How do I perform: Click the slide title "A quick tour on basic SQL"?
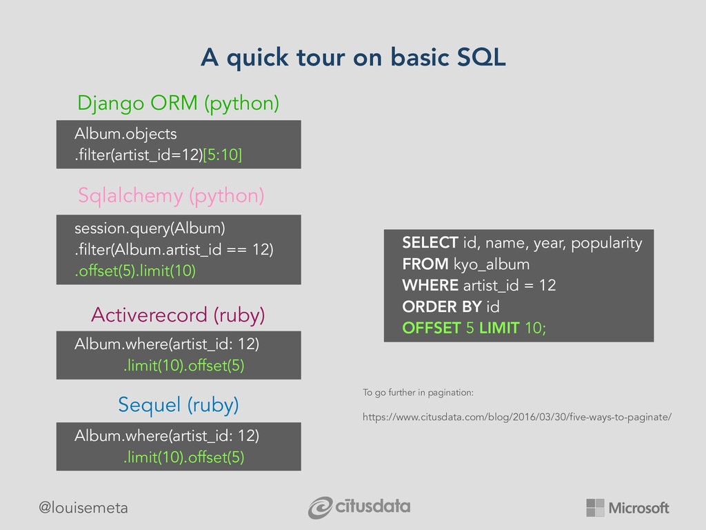point(354,57)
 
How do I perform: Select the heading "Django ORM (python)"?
point(179,104)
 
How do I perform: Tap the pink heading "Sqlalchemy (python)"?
point(171,196)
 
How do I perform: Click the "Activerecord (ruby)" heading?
point(178,315)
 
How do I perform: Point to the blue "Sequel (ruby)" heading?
point(179,404)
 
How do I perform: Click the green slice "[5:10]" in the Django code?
point(223,155)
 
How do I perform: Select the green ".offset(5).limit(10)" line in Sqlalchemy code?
point(135,271)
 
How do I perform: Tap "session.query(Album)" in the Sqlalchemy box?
point(150,228)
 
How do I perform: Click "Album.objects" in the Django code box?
point(125,134)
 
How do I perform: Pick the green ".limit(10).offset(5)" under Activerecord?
point(183,365)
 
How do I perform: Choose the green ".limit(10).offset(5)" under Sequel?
point(183,457)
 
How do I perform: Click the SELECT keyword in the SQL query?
point(430,242)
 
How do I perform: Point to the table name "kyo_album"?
point(491,264)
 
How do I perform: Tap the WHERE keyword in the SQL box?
point(430,285)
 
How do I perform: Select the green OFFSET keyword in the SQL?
point(432,328)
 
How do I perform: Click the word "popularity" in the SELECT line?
point(607,244)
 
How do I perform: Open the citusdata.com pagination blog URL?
point(517,417)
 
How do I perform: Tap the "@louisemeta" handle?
point(83,508)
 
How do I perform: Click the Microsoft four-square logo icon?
point(595,507)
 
